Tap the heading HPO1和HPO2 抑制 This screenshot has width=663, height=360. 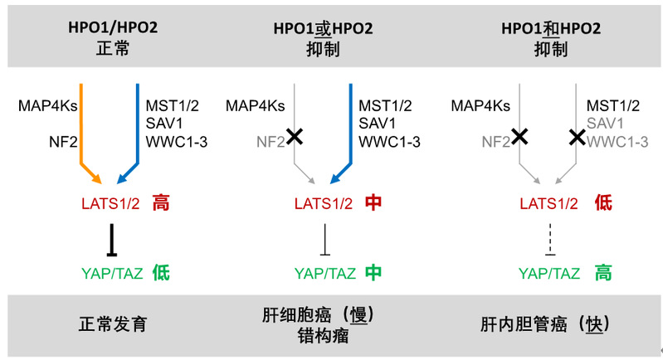pos(551,37)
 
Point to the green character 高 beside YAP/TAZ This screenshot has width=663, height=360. pos(603,271)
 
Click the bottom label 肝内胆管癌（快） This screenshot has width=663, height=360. pos(550,324)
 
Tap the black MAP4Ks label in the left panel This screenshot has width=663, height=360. pos(47,105)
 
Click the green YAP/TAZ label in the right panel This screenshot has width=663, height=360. pos(548,272)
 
